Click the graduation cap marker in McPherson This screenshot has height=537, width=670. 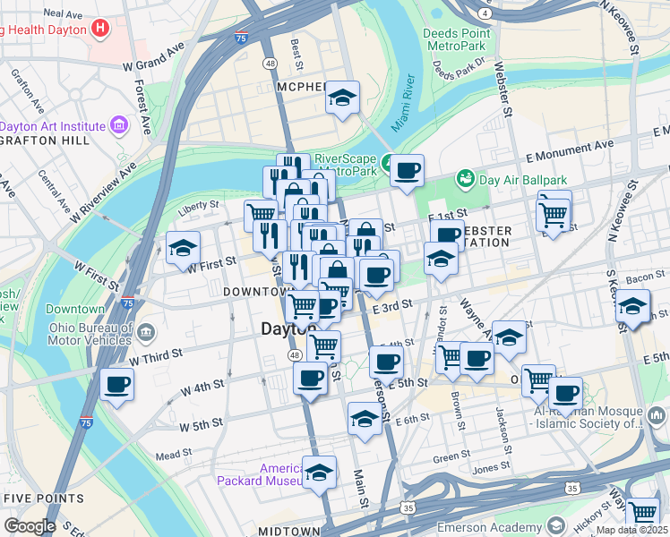pos(341,98)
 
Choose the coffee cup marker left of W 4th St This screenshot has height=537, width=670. pos(117,386)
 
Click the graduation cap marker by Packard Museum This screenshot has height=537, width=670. pos(319,472)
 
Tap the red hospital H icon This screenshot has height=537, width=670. pos(100,28)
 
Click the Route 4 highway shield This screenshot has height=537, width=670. pos(485,14)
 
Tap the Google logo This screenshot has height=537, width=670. pos(30,526)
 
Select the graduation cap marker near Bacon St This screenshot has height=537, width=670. pos(633,309)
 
